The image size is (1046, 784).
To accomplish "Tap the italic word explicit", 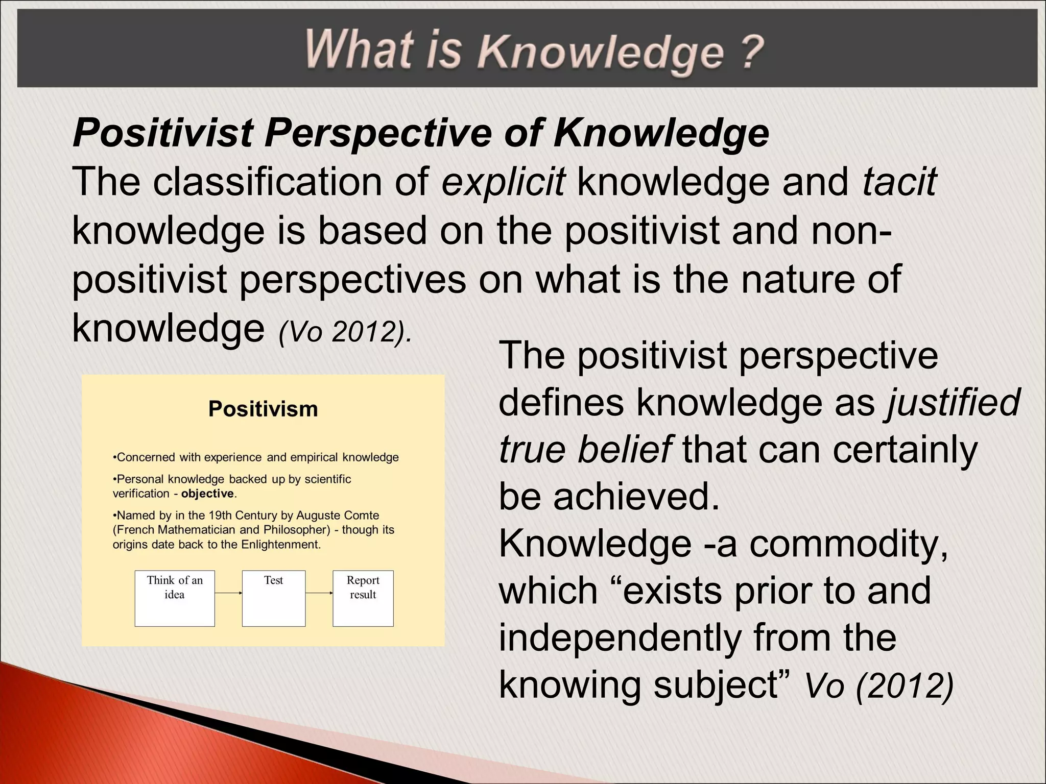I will click(503, 182).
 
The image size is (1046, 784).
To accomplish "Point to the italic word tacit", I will click(899, 182).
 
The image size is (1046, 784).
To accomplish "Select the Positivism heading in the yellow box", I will click(263, 409).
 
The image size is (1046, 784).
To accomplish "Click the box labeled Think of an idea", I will click(175, 598).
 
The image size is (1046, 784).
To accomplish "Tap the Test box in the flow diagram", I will click(274, 598).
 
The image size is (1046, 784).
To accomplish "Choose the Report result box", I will click(363, 598).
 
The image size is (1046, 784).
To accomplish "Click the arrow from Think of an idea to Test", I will click(228, 593).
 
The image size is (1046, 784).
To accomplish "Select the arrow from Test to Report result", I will click(319, 593).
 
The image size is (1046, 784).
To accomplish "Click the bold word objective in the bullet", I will click(207, 494).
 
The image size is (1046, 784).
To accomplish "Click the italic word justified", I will click(953, 402).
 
